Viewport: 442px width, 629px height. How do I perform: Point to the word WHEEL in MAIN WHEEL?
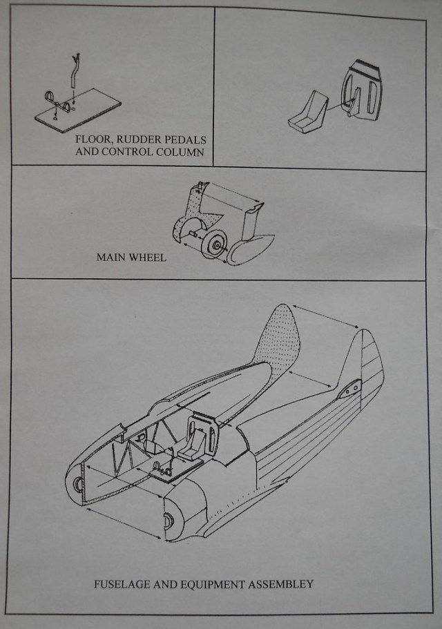click(x=146, y=258)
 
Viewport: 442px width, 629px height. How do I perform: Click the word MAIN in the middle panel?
click(x=111, y=258)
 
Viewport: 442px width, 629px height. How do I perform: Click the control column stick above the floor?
click(x=75, y=76)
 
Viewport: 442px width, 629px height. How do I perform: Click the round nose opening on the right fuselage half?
click(x=167, y=521)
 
